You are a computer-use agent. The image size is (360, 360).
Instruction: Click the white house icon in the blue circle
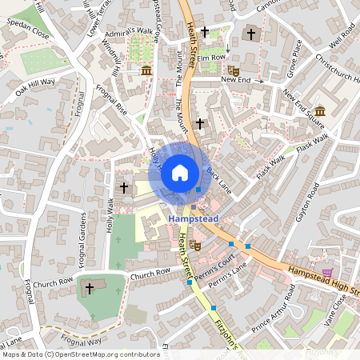click(x=180, y=172)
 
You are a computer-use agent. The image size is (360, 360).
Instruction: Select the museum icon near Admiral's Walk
click(x=146, y=72)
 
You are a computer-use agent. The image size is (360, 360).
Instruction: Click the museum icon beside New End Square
click(x=320, y=110)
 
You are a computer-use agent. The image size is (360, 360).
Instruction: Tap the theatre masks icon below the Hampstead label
click(x=195, y=247)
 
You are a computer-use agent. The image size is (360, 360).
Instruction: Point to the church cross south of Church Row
click(x=90, y=287)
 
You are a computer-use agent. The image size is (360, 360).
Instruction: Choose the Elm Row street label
click(x=212, y=58)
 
